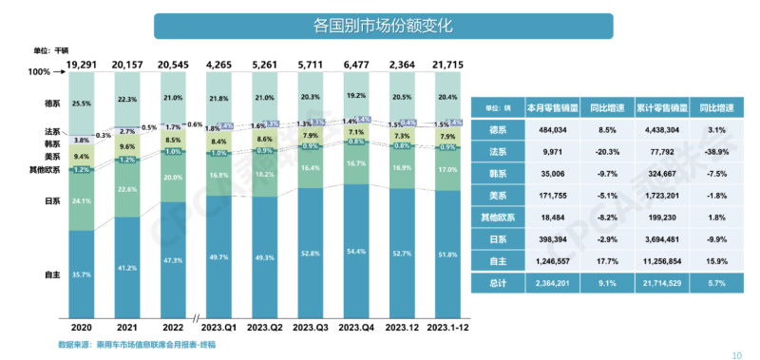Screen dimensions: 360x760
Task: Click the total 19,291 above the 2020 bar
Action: (83, 64)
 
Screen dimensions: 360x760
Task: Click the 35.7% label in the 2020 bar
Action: (83, 275)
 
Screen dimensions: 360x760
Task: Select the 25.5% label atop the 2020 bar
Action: (83, 103)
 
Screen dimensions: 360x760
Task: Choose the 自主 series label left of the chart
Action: (53, 275)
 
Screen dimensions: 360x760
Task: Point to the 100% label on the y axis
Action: (38, 72)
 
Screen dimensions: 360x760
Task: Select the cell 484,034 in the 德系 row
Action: (545, 130)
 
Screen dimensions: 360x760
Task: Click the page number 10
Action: (736, 354)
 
